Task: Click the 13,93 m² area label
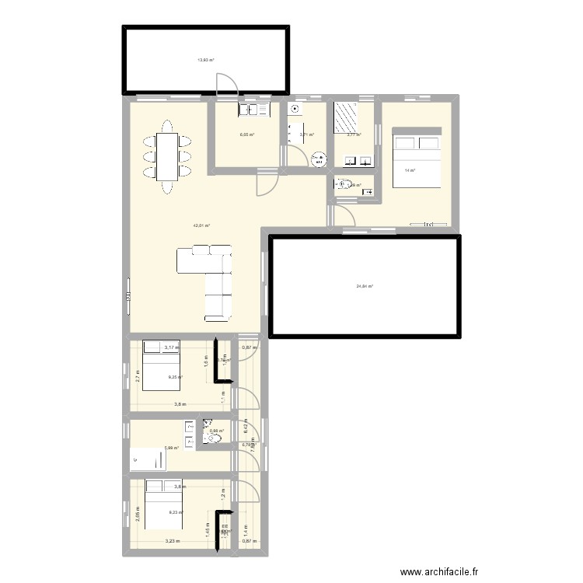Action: pyautogui.click(x=206, y=60)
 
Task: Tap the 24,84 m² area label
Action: pyautogui.click(x=365, y=286)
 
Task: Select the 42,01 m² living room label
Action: pyautogui.click(x=202, y=225)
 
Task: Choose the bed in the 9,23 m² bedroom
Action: pyautogui.click(x=162, y=503)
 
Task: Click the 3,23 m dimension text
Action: pyautogui.click(x=171, y=542)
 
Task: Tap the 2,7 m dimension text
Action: pyautogui.click(x=137, y=377)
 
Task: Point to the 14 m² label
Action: pyautogui.click(x=410, y=171)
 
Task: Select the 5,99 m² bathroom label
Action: pyautogui.click(x=171, y=448)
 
